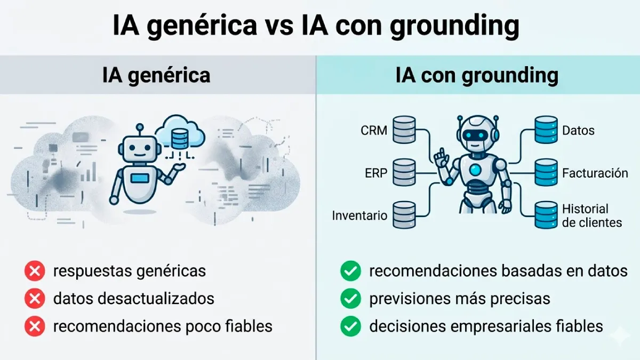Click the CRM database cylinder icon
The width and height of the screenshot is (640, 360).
click(404, 130)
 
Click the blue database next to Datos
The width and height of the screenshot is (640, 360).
click(546, 130)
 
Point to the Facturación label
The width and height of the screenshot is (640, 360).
click(595, 173)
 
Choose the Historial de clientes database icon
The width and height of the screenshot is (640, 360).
click(546, 215)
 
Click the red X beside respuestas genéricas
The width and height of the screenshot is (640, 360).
click(35, 271)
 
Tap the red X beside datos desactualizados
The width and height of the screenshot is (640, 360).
click(35, 299)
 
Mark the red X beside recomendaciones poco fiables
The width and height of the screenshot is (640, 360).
click(35, 326)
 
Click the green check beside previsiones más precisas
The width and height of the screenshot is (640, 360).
click(350, 299)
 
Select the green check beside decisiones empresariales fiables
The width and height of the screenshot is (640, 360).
click(350, 326)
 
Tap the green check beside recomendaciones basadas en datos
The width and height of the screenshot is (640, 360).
click(350, 271)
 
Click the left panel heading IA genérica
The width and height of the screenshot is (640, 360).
click(156, 75)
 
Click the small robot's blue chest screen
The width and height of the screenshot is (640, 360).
click(140, 178)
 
